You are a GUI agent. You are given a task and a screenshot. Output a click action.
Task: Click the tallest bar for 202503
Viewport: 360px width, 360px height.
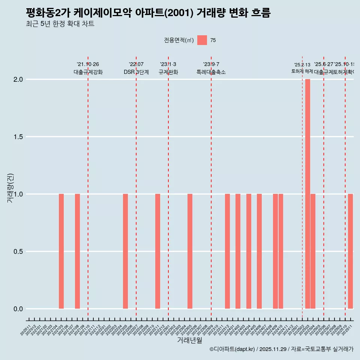pos(307,194)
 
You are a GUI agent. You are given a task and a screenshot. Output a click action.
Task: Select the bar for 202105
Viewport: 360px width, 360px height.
pos(61,251)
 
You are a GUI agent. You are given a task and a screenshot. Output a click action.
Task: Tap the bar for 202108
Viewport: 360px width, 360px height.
pos(77,251)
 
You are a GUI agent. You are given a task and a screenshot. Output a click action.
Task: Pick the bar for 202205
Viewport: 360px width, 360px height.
pos(125,251)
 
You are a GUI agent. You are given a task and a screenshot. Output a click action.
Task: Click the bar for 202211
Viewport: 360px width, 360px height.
pos(157,251)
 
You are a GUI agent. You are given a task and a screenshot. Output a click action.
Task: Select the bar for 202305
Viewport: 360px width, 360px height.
pos(190,251)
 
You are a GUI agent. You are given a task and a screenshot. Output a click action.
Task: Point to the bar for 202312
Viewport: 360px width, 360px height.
pos(227,251)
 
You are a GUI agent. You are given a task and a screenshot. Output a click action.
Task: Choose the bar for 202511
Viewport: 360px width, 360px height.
pos(350,251)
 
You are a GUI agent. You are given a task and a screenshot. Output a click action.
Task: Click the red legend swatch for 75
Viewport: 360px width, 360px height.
pos(202,40)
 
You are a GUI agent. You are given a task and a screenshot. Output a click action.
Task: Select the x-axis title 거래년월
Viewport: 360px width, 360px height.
pos(189,340)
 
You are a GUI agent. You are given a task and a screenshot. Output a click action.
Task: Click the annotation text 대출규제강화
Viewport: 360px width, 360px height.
pos(88,72)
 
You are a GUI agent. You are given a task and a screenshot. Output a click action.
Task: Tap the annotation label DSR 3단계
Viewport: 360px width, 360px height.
pos(136,72)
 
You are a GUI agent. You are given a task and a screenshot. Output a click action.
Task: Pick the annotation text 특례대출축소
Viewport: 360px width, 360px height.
pos(211,72)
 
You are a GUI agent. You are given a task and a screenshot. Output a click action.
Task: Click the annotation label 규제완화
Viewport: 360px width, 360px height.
pos(168,72)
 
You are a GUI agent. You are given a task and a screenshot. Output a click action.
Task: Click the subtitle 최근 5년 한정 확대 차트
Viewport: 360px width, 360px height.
pos(60,24)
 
